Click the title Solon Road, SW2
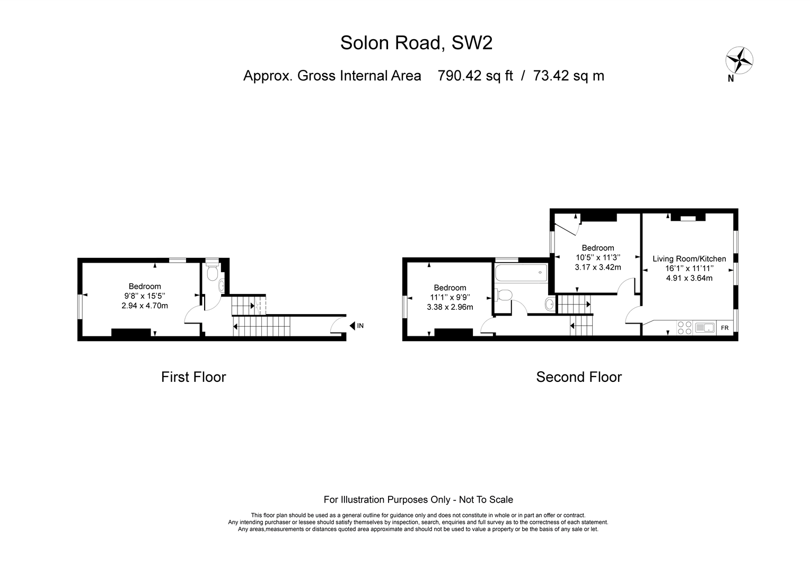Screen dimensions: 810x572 click(x=416, y=43)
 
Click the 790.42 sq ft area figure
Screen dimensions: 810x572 click(x=475, y=76)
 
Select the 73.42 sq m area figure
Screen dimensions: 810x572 click(x=568, y=76)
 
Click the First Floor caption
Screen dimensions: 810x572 click(x=193, y=377)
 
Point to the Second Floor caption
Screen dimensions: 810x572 click(x=578, y=377)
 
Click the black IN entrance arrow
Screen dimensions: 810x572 click(x=352, y=326)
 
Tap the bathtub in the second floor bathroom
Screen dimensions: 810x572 click(x=521, y=273)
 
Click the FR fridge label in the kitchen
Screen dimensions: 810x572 click(x=725, y=328)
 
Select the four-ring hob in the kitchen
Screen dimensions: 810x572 click(x=684, y=328)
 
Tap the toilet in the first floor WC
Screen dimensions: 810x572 click(x=212, y=270)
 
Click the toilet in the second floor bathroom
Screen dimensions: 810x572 click(x=504, y=295)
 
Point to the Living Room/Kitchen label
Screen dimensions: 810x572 click(x=689, y=258)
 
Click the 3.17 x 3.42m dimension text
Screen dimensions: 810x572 click(x=598, y=267)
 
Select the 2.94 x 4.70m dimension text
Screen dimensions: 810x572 click(x=145, y=306)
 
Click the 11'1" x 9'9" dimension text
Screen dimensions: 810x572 click(x=450, y=297)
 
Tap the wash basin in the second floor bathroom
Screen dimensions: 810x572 click(x=550, y=304)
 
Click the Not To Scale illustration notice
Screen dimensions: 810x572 click(x=418, y=500)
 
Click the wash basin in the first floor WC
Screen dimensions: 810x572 click(x=222, y=286)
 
